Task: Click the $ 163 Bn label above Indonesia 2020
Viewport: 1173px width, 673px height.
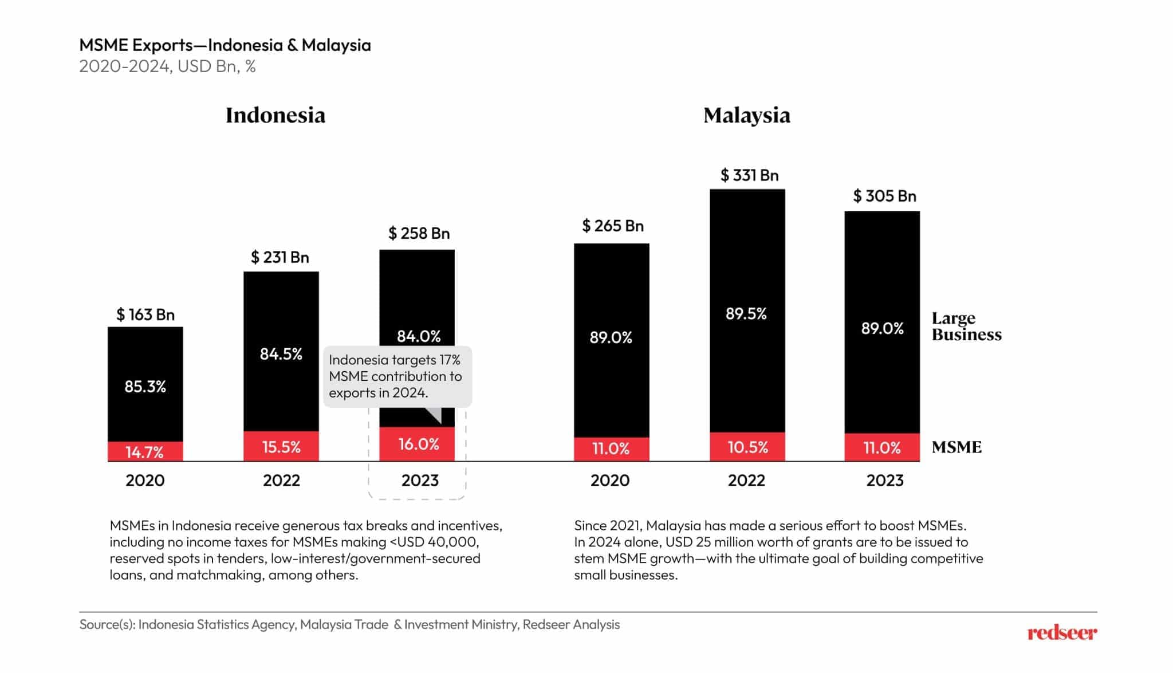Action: [x=145, y=314]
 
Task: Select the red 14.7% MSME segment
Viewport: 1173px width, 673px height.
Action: [x=145, y=451]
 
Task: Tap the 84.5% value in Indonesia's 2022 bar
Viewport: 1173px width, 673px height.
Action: [x=281, y=354]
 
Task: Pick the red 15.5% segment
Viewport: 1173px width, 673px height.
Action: [x=281, y=446]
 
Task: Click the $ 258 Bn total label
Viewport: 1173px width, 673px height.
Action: [x=419, y=233]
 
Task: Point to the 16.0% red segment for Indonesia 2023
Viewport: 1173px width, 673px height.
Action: [x=418, y=444]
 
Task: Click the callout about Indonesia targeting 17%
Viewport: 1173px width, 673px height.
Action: [x=397, y=376]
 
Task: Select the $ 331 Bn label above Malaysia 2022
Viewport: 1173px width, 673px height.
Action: [x=749, y=175]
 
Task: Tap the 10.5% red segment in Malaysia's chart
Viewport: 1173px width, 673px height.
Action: [x=747, y=447]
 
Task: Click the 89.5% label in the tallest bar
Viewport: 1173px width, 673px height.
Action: [x=746, y=313]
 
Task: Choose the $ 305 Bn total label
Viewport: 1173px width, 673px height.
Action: [x=884, y=196]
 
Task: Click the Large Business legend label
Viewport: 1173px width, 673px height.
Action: [x=966, y=326]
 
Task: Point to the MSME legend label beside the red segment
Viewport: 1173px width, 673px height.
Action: [x=956, y=447]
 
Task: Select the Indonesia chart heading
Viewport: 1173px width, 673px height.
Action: [x=275, y=115]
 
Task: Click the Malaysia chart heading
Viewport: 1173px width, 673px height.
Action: [x=746, y=115]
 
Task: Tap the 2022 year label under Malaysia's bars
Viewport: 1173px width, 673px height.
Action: [x=746, y=480]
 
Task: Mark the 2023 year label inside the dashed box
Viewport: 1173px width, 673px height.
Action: [x=419, y=480]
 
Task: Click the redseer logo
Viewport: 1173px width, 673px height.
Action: [x=1062, y=633]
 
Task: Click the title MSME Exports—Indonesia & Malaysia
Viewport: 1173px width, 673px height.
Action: [x=225, y=45]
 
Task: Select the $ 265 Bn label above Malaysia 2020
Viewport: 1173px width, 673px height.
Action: [x=612, y=226]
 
